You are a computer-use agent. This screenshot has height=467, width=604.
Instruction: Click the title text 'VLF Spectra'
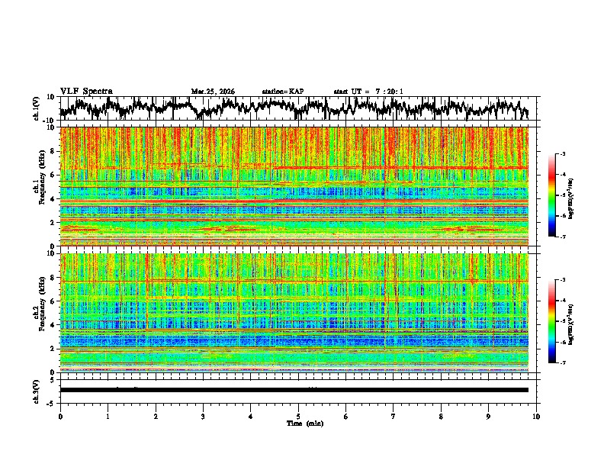(x=86, y=91)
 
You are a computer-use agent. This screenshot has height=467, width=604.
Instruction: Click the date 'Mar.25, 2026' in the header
(x=213, y=92)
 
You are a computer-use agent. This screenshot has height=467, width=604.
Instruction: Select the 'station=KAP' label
(x=282, y=92)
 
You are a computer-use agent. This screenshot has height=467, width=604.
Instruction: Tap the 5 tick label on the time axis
(x=298, y=416)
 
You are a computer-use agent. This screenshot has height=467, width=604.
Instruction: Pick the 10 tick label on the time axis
(x=536, y=416)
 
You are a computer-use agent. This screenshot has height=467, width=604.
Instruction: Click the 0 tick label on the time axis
(x=60, y=416)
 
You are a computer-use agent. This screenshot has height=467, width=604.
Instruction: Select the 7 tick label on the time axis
(x=394, y=416)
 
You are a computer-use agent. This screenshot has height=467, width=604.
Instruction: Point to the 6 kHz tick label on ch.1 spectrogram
(x=53, y=175)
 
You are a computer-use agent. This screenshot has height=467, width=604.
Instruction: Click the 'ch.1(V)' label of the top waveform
(x=36, y=108)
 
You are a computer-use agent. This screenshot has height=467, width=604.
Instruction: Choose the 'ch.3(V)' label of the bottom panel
(x=36, y=389)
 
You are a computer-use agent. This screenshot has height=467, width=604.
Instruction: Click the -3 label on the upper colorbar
(x=563, y=154)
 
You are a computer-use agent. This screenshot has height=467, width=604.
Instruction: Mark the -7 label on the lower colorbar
(x=563, y=363)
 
